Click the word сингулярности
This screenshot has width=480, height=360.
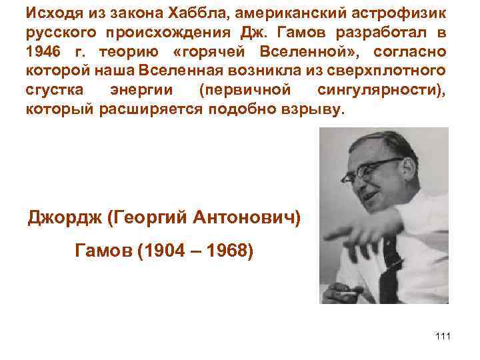(391, 89)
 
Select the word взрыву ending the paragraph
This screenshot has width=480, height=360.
(316, 109)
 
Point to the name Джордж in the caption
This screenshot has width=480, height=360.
(65, 217)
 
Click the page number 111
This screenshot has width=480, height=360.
(442, 335)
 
